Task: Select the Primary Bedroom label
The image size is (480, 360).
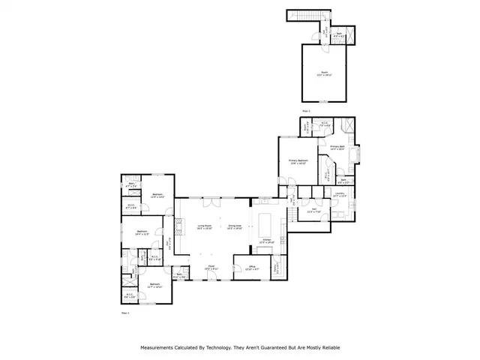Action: (298, 161)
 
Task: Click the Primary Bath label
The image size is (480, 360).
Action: (337, 148)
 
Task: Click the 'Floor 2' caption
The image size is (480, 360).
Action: (306, 110)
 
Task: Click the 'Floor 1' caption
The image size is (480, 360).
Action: (125, 310)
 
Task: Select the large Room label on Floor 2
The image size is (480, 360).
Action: (325, 73)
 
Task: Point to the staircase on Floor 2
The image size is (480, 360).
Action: (304, 17)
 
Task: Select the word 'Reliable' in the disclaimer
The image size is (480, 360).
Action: (328, 347)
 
